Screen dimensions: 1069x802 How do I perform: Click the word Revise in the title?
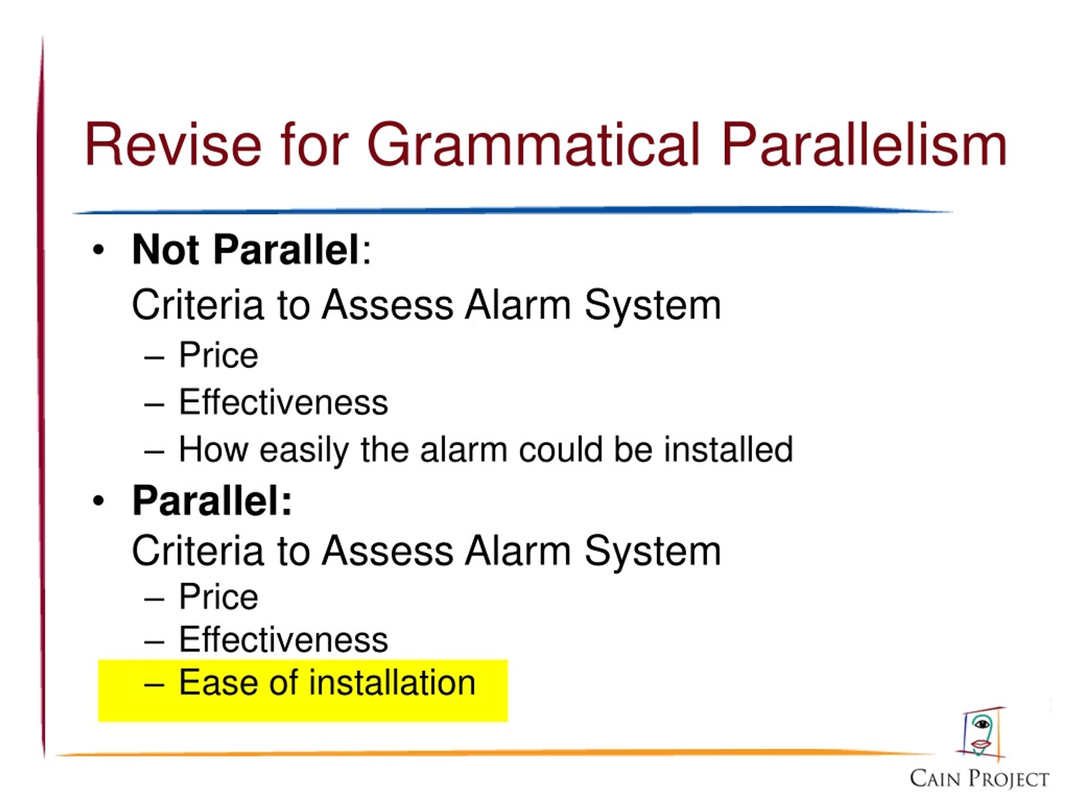tap(173, 145)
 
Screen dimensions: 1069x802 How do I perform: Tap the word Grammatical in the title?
tap(534, 145)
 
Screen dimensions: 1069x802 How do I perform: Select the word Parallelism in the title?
tap(864, 145)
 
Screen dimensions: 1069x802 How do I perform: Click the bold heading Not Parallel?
tap(245, 249)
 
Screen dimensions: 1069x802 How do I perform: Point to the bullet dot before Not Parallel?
tap(99, 250)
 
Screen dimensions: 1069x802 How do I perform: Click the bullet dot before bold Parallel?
tap(99, 501)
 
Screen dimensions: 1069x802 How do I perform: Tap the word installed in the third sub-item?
tap(728, 449)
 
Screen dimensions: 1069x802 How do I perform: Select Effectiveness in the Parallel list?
tap(283, 639)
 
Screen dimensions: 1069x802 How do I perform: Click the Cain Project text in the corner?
tap(979, 779)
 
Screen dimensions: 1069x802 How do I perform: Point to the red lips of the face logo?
tap(981, 744)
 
